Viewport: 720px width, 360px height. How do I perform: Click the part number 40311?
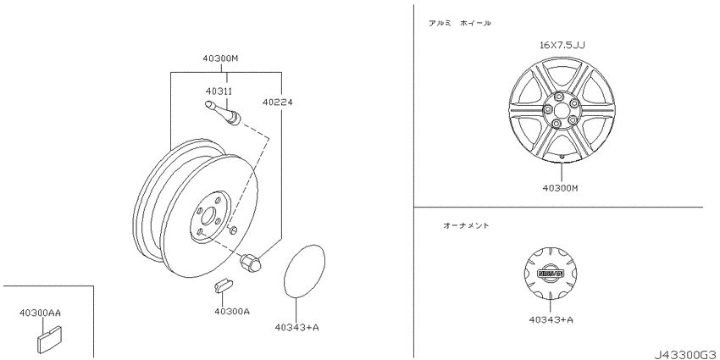(x=219, y=91)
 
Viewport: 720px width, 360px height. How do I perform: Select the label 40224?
(x=277, y=102)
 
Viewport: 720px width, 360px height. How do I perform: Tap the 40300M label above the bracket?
(x=220, y=58)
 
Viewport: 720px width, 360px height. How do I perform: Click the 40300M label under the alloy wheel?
(x=560, y=188)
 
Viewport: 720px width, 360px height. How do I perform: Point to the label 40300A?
(x=232, y=312)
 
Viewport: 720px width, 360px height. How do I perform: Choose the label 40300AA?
(x=40, y=313)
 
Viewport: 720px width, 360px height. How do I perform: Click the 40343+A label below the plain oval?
(x=296, y=327)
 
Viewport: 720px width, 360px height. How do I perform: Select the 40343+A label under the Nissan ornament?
(x=551, y=319)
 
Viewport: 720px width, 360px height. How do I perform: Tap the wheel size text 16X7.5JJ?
(x=562, y=45)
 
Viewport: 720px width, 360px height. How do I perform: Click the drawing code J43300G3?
(x=686, y=355)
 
